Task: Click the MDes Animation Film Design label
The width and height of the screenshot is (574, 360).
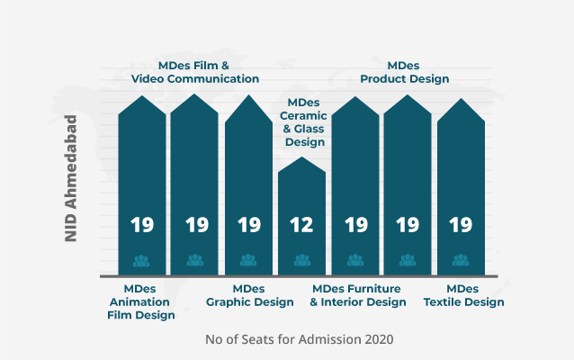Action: coord(141,301)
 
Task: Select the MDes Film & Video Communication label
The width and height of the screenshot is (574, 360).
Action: coord(195,72)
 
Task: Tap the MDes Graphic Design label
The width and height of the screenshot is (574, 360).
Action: coord(249,295)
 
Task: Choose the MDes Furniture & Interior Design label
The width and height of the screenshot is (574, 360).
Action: coord(358,295)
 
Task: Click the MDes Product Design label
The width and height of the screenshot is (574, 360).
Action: coord(404,72)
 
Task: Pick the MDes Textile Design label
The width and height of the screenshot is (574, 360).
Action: coord(463,295)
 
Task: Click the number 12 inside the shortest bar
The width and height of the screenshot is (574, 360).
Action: coord(301,225)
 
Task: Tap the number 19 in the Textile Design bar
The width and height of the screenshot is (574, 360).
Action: coord(461,225)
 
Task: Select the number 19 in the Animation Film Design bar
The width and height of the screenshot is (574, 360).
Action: coord(142,225)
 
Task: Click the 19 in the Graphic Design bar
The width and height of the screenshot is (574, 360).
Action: coord(248,225)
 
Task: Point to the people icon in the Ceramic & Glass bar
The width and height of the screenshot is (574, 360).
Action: coord(301,261)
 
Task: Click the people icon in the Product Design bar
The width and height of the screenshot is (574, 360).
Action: coord(408,261)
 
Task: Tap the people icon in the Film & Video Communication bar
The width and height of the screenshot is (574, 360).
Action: coord(195,261)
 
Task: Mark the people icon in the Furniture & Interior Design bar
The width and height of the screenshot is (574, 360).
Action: coord(354,261)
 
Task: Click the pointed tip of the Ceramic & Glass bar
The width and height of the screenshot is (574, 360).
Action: coord(301,159)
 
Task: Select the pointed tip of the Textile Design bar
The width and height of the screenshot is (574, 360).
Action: coord(461,98)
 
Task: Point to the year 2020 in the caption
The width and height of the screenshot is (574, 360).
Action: coord(378,339)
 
